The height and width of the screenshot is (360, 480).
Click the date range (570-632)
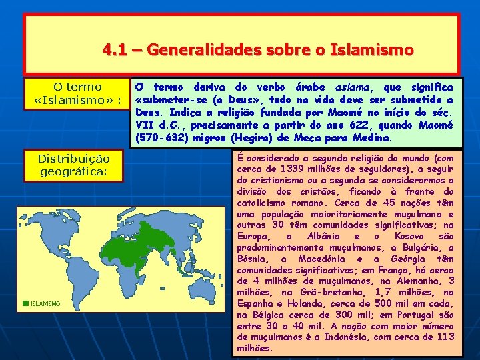click(161, 138)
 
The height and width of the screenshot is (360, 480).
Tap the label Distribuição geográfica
click(73, 165)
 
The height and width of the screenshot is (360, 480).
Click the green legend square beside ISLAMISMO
click(25, 303)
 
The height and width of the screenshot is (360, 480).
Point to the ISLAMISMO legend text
click(45, 303)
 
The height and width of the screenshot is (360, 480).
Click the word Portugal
click(419, 315)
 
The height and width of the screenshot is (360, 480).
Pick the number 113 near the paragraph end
click(445, 337)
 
